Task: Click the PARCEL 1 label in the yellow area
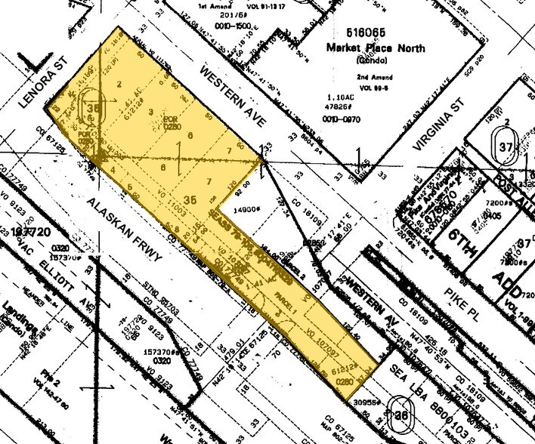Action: pyautogui.click(x=284, y=298)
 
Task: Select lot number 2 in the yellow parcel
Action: pyautogui.click(x=120, y=85)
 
